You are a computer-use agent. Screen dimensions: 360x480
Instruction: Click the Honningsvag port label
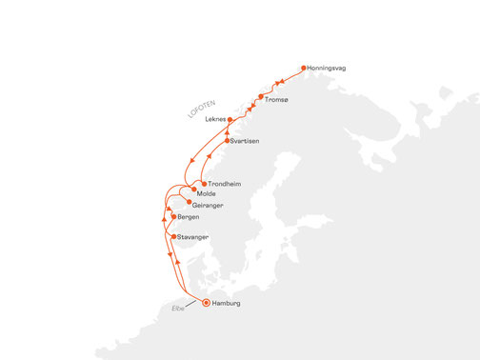[332, 68]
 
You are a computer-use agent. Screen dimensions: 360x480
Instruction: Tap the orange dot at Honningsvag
[304, 68]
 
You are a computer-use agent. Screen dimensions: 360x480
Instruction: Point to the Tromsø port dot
[260, 97]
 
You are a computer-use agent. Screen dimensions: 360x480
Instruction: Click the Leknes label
[215, 119]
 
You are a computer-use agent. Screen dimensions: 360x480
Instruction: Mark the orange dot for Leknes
[231, 119]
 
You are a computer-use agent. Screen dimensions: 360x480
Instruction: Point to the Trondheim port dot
[204, 183]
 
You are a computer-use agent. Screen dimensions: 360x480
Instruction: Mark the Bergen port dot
[172, 217]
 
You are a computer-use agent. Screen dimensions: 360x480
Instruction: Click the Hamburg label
[232, 303]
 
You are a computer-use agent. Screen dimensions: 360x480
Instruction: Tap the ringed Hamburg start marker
[207, 303]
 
